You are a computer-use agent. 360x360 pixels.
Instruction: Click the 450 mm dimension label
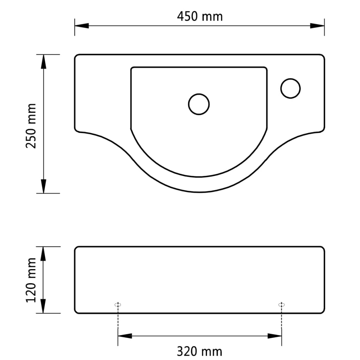point(199,16)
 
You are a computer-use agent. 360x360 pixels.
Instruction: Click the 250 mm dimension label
point(32,126)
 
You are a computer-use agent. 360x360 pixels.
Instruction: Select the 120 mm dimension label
point(32,279)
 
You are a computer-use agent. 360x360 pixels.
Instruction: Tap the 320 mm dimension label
point(199,351)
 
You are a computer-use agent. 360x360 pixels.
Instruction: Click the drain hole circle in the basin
point(199,104)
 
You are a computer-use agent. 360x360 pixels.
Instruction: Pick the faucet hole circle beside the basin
point(290,88)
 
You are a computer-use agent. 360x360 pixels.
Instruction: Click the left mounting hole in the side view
point(118,304)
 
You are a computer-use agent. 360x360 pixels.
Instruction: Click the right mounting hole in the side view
point(281,304)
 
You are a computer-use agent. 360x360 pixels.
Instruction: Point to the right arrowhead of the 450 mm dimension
point(317,26)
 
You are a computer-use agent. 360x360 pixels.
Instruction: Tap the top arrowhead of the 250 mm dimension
point(44,62)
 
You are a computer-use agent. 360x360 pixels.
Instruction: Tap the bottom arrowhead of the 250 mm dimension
point(44,186)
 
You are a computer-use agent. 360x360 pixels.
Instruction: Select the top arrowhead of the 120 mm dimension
point(44,253)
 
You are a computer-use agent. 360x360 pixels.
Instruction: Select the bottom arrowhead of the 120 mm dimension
point(44,306)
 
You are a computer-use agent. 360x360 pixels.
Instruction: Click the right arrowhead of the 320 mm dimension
point(275,336)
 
